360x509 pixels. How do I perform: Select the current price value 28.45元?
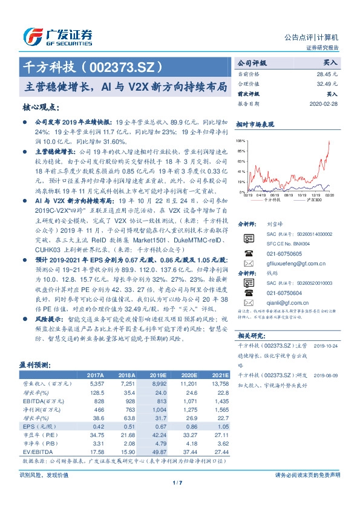pyautogui.click(x=326, y=73)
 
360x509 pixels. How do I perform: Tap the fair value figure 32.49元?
pyautogui.click(x=326, y=83)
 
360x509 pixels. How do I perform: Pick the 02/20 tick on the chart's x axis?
pyautogui.click(x=329, y=195)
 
